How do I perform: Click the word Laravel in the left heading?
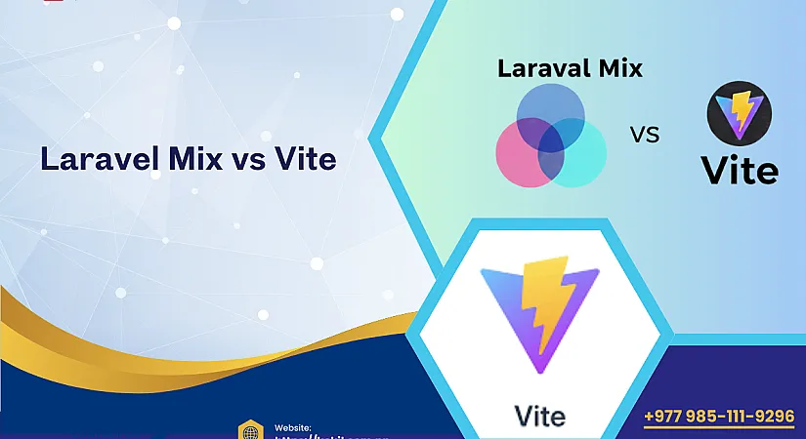click(94, 158)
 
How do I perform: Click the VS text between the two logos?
click(645, 135)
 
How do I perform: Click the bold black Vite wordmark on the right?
click(740, 170)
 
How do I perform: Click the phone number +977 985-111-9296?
click(719, 417)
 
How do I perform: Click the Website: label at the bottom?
click(293, 427)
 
